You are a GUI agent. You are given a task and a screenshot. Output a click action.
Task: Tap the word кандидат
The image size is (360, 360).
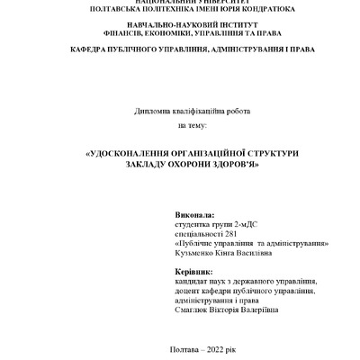coord(195,281)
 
